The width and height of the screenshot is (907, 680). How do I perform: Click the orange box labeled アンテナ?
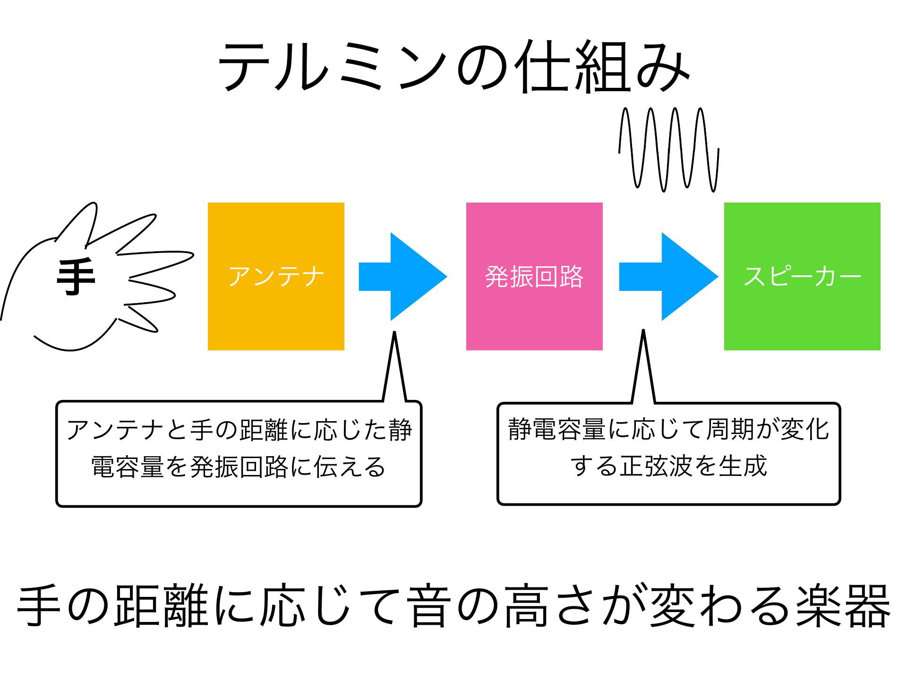276,276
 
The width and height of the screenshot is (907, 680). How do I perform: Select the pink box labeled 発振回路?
534,276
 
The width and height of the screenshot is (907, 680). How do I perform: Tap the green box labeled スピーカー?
802,276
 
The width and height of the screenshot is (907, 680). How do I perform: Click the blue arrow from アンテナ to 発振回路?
403,277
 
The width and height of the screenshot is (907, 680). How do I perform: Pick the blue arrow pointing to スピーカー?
668,277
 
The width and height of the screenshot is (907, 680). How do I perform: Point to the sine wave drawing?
669,149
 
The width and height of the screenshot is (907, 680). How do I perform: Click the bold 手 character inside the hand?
76,277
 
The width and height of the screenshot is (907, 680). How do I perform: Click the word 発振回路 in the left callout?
239,467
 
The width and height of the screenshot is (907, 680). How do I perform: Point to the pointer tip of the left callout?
394,332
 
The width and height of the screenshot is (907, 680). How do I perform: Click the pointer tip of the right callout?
643,330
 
